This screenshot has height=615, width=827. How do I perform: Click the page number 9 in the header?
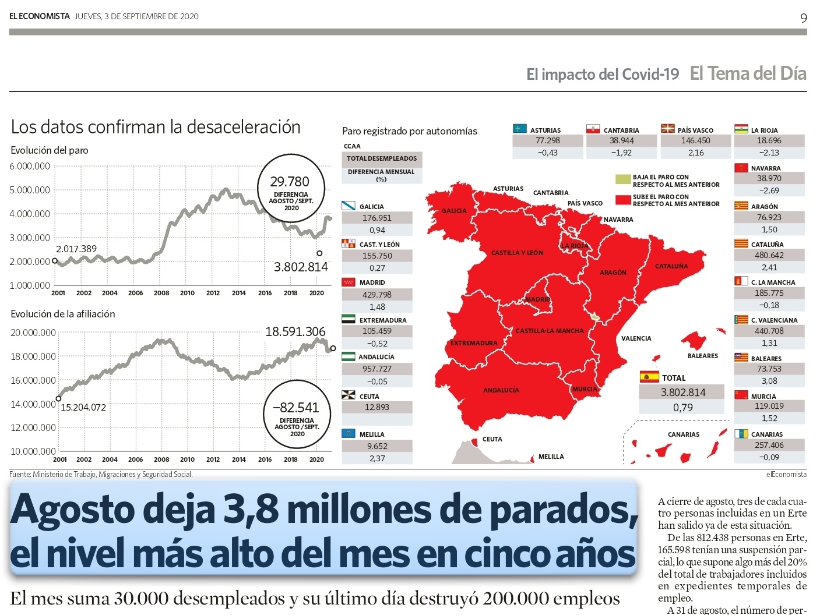[x=803, y=18]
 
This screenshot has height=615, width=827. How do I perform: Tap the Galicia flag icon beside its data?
[x=349, y=206]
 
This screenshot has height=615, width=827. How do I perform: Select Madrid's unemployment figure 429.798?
[x=377, y=295]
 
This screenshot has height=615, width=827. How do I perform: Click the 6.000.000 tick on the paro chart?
[x=30, y=167]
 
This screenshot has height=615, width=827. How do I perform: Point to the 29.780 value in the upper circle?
[x=290, y=182]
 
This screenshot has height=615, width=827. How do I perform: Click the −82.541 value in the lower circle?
[x=297, y=408]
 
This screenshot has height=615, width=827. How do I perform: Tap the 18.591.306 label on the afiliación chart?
[x=295, y=332]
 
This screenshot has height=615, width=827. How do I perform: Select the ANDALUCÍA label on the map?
[x=501, y=390]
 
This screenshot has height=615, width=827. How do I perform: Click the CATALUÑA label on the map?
[x=671, y=266]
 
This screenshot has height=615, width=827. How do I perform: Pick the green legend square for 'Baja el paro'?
[x=623, y=179]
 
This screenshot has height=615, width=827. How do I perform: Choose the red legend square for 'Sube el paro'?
[x=623, y=200]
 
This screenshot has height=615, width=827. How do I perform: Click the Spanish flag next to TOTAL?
[x=649, y=377]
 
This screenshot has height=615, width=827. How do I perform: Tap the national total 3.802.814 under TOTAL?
[x=683, y=393]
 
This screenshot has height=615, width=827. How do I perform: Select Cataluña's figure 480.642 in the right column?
[x=769, y=255]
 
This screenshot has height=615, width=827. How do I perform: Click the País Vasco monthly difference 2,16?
[x=695, y=153]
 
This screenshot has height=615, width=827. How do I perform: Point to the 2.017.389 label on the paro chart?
[x=76, y=249]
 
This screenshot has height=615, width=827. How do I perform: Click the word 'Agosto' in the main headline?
[x=72, y=510]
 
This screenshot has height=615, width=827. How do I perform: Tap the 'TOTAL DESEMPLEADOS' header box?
[x=382, y=158]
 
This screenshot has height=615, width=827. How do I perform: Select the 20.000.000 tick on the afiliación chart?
[x=33, y=333]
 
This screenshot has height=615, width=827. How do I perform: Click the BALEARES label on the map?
[x=702, y=356]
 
